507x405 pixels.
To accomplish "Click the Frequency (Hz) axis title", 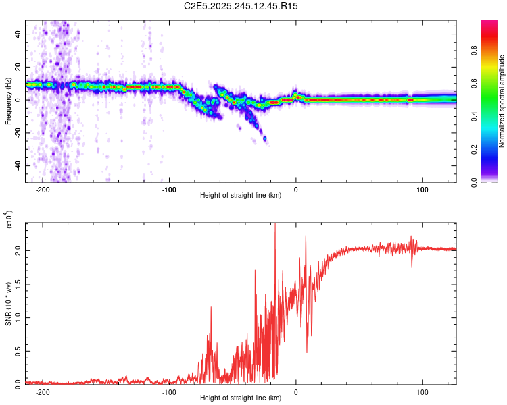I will (8, 100).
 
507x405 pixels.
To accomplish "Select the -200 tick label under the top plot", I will (43, 190).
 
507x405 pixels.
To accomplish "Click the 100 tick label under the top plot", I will (422, 190).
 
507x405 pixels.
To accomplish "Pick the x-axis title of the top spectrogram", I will (241, 196).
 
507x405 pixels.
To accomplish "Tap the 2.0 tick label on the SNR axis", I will (18, 250).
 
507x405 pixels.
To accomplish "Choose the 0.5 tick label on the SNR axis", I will (18, 350).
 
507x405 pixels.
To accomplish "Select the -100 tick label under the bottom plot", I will (169, 391).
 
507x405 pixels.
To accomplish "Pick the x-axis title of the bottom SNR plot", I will (241, 398).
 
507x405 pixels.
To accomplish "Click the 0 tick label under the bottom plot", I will (296, 391).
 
